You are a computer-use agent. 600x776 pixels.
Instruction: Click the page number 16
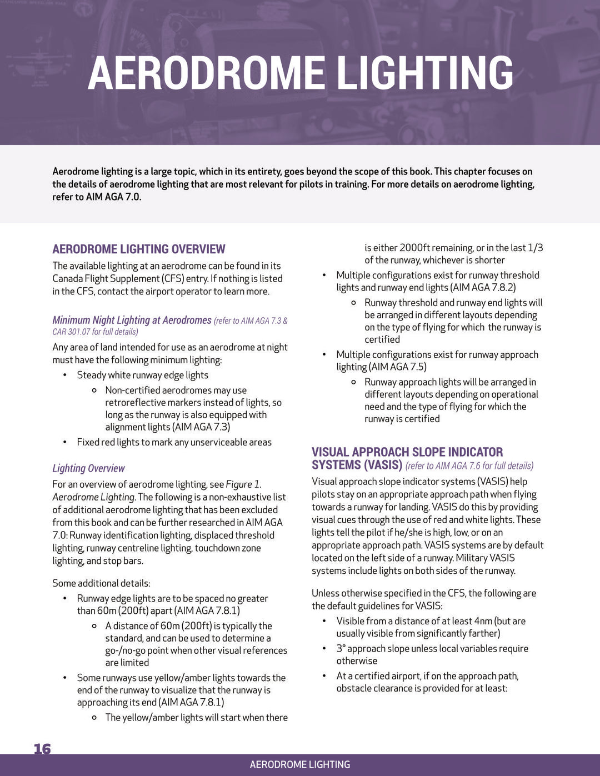click(42, 749)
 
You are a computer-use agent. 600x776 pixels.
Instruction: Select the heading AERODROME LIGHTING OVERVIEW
click(139, 249)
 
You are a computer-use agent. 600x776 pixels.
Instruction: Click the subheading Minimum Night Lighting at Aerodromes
click(132, 320)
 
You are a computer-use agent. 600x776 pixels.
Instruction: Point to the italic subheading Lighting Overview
click(88, 468)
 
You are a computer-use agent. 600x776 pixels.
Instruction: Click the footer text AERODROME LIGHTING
click(300, 764)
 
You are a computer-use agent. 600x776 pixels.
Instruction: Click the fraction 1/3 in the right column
click(535, 248)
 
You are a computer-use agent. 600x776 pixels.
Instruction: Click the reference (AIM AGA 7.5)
click(398, 367)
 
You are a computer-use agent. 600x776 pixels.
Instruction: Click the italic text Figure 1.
click(243, 484)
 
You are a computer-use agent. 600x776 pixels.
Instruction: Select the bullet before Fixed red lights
click(65, 442)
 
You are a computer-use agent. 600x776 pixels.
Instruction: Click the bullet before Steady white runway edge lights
click(65, 375)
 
